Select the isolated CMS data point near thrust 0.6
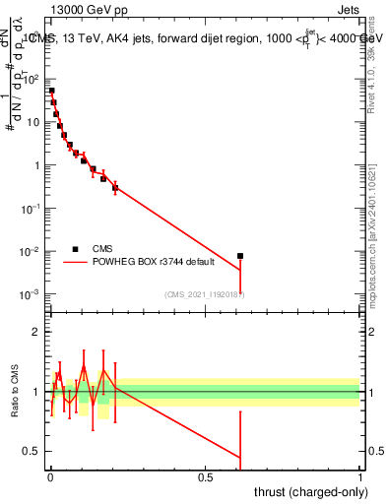tap(240, 256)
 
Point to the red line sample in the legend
tap(76, 263)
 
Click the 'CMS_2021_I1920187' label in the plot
tap(204, 293)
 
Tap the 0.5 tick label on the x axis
tap(205, 477)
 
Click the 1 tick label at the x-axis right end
tap(360, 477)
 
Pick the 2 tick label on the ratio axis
tap(37, 333)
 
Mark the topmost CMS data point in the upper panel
tap(51, 91)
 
